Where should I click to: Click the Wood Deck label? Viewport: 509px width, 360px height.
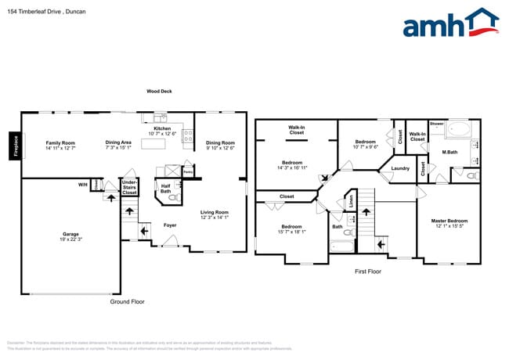coord(159,92)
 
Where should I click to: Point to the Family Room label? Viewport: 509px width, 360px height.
coord(60,142)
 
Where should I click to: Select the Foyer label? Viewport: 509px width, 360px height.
coord(169,225)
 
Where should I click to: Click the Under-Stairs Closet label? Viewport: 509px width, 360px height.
coord(129,187)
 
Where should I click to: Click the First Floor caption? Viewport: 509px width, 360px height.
coord(367,272)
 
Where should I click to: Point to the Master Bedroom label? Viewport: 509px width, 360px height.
coord(449,221)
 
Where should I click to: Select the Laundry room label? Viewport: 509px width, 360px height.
coord(401,168)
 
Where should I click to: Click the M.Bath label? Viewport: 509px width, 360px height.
coord(449,153)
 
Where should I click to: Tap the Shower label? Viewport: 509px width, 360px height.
coord(436,124)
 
